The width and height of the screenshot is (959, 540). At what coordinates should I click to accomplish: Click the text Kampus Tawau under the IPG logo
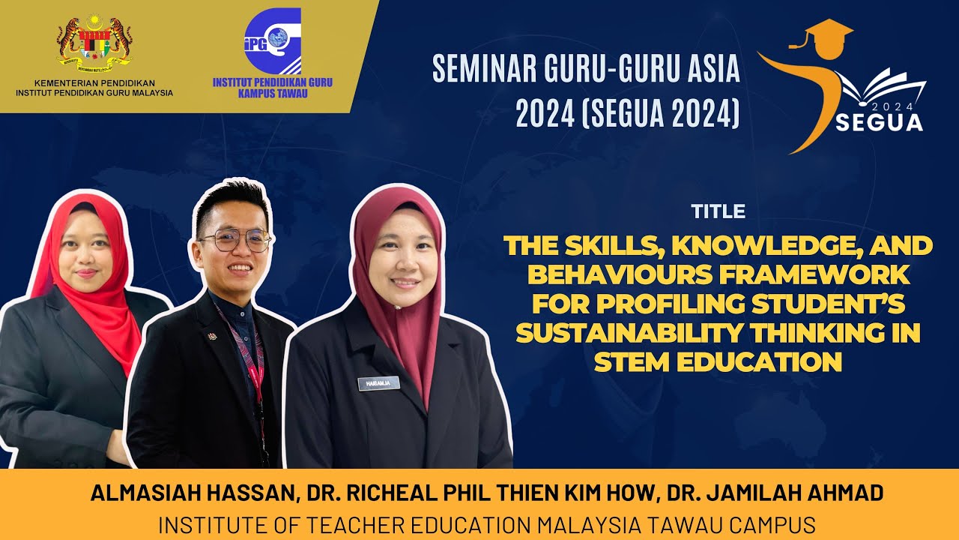[273, 94]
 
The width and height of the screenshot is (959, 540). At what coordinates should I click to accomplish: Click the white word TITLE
[719, 212]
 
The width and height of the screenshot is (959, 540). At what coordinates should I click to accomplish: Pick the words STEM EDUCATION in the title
[719, 361]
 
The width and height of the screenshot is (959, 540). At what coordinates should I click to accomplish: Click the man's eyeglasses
[235, 241]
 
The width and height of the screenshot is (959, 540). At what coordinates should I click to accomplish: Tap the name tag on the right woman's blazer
[379, 383]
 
